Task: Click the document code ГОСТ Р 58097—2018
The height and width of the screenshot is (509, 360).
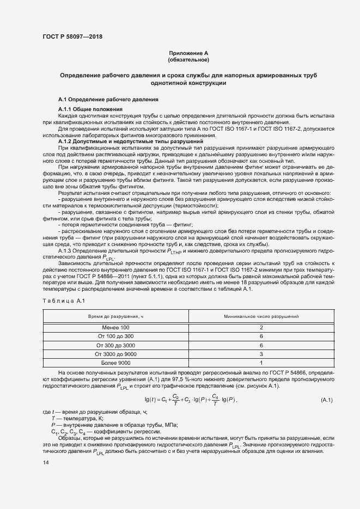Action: click(x=72, y=36)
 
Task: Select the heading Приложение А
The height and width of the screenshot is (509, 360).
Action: click(x=188, y=53)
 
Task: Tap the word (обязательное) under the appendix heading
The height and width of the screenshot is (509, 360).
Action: click(x=188, y=59)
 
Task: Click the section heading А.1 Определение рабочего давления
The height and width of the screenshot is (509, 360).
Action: click(x=108, y=100)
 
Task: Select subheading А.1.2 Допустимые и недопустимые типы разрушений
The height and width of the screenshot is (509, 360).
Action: click(x=120, y=142)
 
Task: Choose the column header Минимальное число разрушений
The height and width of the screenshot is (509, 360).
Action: click(x=261, y=316)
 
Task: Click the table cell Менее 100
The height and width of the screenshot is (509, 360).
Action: click(x=116, y=327)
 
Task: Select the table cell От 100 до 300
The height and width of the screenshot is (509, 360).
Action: click(x=116, y=336)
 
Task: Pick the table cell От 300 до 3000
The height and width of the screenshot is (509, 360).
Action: click(x=116, y=345)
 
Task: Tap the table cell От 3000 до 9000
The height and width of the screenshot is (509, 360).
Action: click(x=116, y=354)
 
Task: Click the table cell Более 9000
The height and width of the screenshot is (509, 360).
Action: click(x=116, y=363)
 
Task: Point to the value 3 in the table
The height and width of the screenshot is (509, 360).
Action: click(x=261, y=354)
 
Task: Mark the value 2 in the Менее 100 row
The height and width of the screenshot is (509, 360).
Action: click(x=261, y=327)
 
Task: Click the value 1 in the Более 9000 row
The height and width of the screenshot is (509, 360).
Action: click(x=261, y=363)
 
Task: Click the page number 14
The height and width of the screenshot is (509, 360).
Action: click(x=46, y=462)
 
